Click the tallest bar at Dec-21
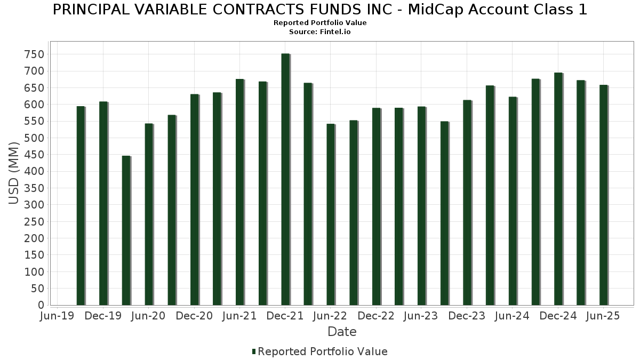click(285, 179)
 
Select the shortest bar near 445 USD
click(126, 230)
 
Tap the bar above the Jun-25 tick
click(603, 195)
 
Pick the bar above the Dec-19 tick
click(103, 203)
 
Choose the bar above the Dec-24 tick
click(558, 189)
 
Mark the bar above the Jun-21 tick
click(239, 192)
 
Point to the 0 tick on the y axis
click(41, 305)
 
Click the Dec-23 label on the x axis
click(467, 316)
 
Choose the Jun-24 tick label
click(512, 316)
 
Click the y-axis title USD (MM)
click(14, 172)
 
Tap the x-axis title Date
click(342, 332)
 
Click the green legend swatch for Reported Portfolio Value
click(254, 351)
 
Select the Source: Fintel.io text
click(320, 32)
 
